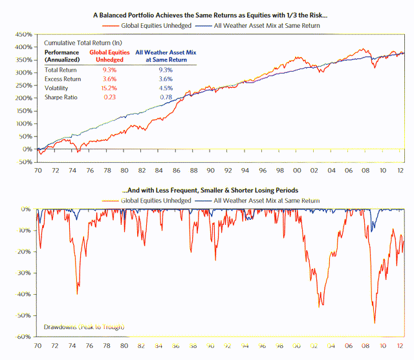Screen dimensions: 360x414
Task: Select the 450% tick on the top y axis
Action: point(23,34)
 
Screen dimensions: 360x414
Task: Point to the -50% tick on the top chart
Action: point(25,162)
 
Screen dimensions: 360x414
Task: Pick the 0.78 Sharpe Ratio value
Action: point(166,97)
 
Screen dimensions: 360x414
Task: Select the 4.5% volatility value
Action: point(166,87)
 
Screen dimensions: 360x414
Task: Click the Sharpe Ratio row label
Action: point(61,97)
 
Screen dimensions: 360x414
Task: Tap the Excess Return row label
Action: point(63,78)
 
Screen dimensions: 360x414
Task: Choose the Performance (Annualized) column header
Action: point(63,56)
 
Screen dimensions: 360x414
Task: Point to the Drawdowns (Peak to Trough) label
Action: point(83,327)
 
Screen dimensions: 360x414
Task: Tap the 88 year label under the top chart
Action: point(193,171)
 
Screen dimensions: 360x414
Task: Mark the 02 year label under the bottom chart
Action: point(314,346)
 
